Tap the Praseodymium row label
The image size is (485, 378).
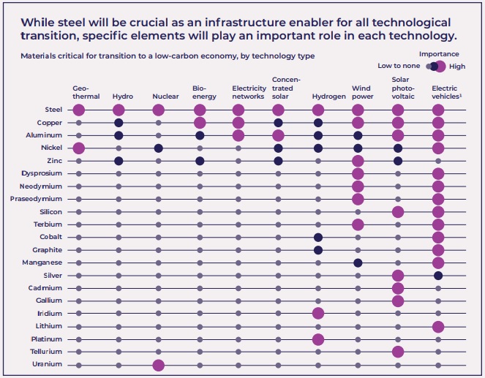pos(43,199)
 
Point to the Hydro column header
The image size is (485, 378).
pos(123,97)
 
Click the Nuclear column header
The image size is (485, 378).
pos(165,97)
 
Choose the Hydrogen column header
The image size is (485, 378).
pos(328,97)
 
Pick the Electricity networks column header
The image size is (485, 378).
pos(249,92)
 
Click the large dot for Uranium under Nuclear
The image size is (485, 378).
pos(159,364)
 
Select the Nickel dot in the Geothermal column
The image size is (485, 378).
pos(79,148)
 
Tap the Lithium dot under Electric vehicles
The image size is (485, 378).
pos(438,326)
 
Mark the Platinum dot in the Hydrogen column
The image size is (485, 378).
pos(318,339)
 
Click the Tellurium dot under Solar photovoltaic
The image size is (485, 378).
pos(398,352)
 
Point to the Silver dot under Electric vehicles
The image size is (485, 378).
pos(438,275)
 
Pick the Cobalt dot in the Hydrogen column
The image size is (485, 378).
pos(318,237)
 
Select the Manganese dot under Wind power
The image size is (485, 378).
pos(358,262)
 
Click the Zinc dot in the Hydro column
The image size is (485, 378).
pos(119,161)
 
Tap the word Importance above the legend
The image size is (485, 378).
pos(439,54)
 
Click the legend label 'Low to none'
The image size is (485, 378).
pos(399,66)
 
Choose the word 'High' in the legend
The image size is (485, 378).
pos(457,67)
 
